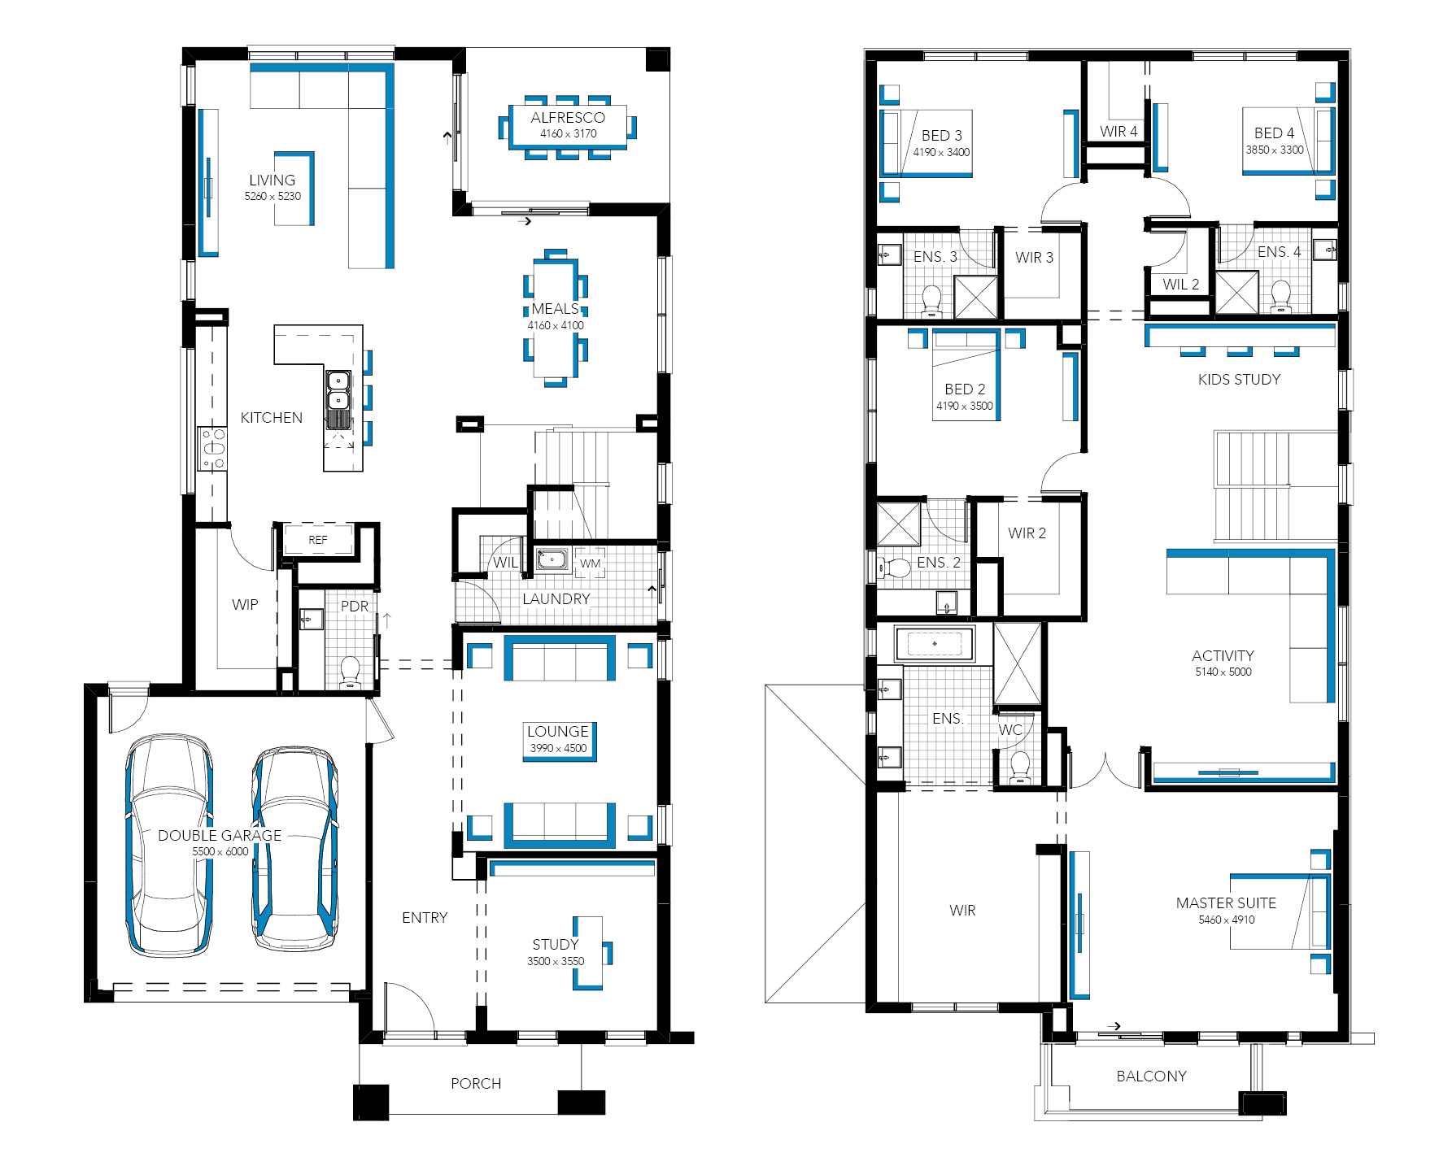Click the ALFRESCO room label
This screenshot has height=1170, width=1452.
click(x=568, y=118)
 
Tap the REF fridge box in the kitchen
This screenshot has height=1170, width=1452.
click(x=317, y=540)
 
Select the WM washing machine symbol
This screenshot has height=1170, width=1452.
click(x=591, y=563)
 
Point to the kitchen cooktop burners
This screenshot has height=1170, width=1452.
click(x=213, y=449)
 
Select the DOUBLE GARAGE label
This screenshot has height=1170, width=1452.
click(x=220, y=835)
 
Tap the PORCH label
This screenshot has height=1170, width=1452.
click(x=476, y=1083)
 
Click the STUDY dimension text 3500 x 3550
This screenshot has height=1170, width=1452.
click(x=556, y=961)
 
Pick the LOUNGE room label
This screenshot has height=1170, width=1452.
click(x=558, y=731)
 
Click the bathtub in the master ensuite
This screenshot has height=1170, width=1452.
click(x=935, y=644)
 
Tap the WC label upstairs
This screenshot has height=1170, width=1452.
click(x=1010, y=729)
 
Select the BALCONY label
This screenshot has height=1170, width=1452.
click(x=1151, y=1076)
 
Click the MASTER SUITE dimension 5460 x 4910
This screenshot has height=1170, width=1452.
click(x=1227, y=920)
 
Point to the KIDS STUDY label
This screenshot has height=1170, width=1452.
click(x=1239, y=379)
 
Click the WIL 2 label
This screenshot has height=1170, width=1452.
click(x=1181, y=284)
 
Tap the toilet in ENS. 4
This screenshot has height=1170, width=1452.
click(x=1281, y=297)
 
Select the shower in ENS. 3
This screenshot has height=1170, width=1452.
click(x=975, y=297)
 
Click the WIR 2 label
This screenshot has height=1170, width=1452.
click(x=1027, y=533)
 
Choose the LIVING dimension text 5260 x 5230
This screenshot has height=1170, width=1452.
click(x=273, y=196)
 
